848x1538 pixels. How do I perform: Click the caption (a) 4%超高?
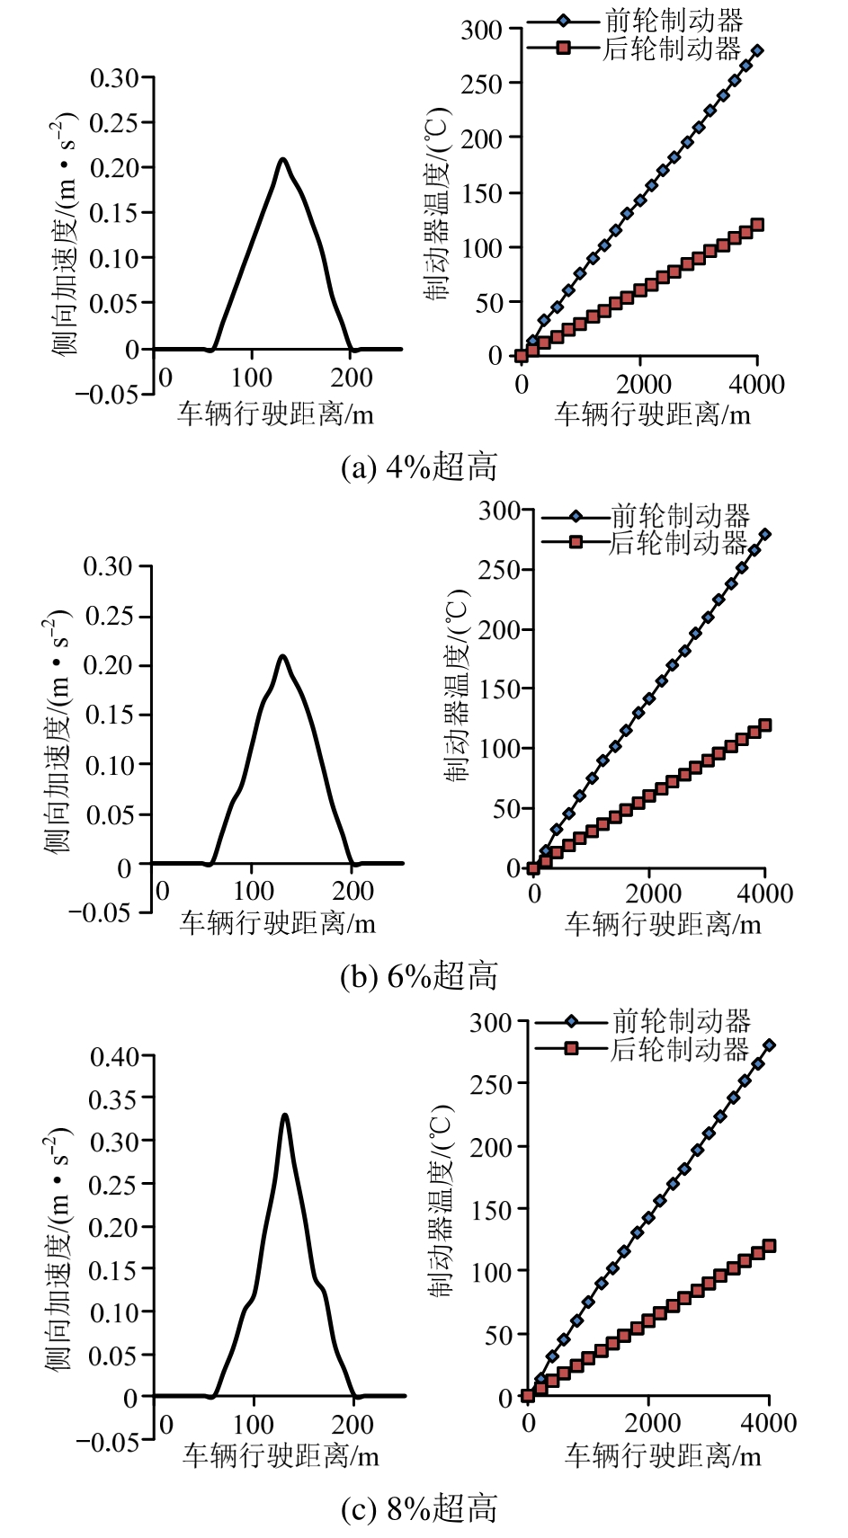pos(419,467)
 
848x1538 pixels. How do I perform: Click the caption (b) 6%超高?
pos(419,976)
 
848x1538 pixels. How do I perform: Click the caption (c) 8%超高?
pos(419,1508)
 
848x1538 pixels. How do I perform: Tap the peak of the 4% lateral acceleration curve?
pos(282,160)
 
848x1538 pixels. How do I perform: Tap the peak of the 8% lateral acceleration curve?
pos(285,1116)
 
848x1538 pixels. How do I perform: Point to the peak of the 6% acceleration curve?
pos(282,656)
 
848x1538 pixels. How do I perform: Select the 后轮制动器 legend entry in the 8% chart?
pos(680,1049)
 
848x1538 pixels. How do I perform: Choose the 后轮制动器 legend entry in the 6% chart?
pos(678,542)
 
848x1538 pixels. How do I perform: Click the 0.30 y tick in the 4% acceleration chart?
pos(114,78)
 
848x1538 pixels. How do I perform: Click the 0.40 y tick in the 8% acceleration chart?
pos(115,1056)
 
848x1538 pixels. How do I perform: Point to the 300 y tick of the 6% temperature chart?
pos(499,511)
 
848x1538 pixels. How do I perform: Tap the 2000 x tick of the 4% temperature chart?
pos(643,385)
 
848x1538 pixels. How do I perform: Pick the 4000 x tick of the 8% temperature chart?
pos(767,1423)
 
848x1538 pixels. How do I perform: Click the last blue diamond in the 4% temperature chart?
pos(757,50)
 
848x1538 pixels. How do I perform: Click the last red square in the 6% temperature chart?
pos(765,725)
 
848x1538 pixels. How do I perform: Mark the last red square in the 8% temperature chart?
pos(769,1246)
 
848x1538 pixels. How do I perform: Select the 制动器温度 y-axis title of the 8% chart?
pos(440,1202)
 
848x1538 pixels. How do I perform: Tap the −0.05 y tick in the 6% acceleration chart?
pos(99,912)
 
